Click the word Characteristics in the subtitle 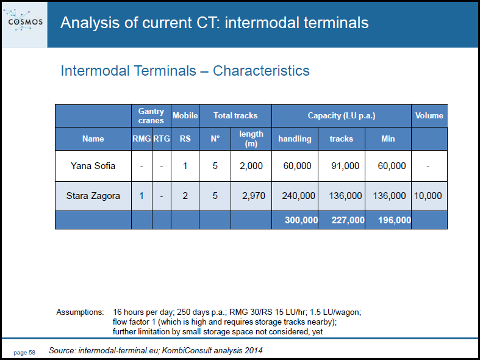[x=261, y=71]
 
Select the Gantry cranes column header [x=151, y=116]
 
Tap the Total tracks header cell [x=235, y=116]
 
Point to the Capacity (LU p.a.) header [x=342, y=116]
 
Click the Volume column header [x=429, y=115]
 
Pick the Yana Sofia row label [x=93, y=165]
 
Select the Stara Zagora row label [x=93, y=196]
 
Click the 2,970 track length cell [x=254, y=196]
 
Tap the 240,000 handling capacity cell [x=298, y=196]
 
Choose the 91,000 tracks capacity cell [x=345, y=165]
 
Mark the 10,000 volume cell [x=428, y=196]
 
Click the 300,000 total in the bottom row [x=301, y=220]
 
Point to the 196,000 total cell [x=395, y=220]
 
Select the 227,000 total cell [x=348, y=220]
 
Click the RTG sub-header [x=162, y=139]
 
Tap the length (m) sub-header [x=251, y=139]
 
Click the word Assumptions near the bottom [x=81, y=312]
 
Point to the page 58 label [x=24, y=353]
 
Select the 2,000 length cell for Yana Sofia [x=251, y=165]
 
